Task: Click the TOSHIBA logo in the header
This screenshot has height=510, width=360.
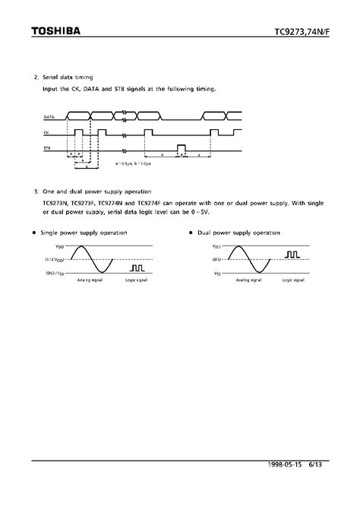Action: (x=55, y=32)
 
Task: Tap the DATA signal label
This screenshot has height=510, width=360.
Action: (x=49, y=118)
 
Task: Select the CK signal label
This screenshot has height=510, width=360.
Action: (x=47, y=133)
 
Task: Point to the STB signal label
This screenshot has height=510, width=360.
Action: (x=48, y=149)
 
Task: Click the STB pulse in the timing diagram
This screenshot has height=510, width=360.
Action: (x=180, y=147)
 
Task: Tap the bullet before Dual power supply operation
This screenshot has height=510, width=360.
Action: (x=190, y=231)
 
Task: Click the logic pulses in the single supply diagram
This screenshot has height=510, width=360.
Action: (x=137, y=268)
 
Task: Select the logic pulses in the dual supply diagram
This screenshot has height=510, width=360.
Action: (x=292, y=255)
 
